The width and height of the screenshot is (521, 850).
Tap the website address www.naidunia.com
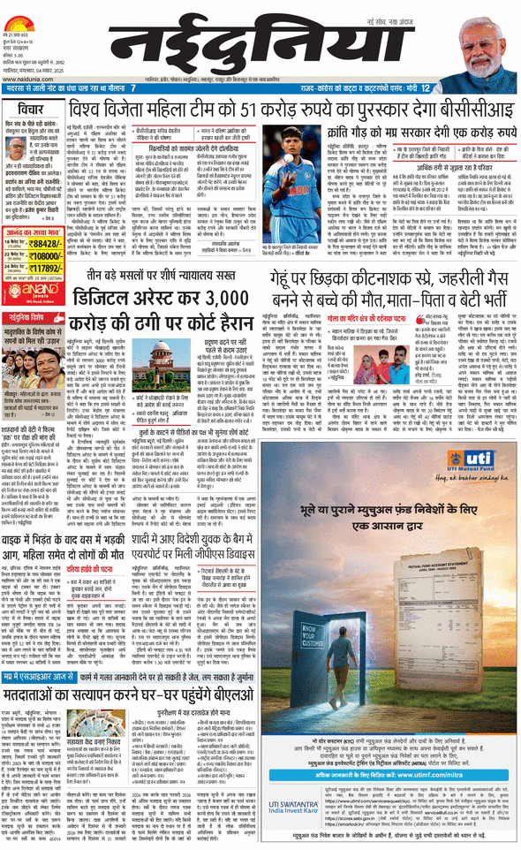point(32,78)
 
